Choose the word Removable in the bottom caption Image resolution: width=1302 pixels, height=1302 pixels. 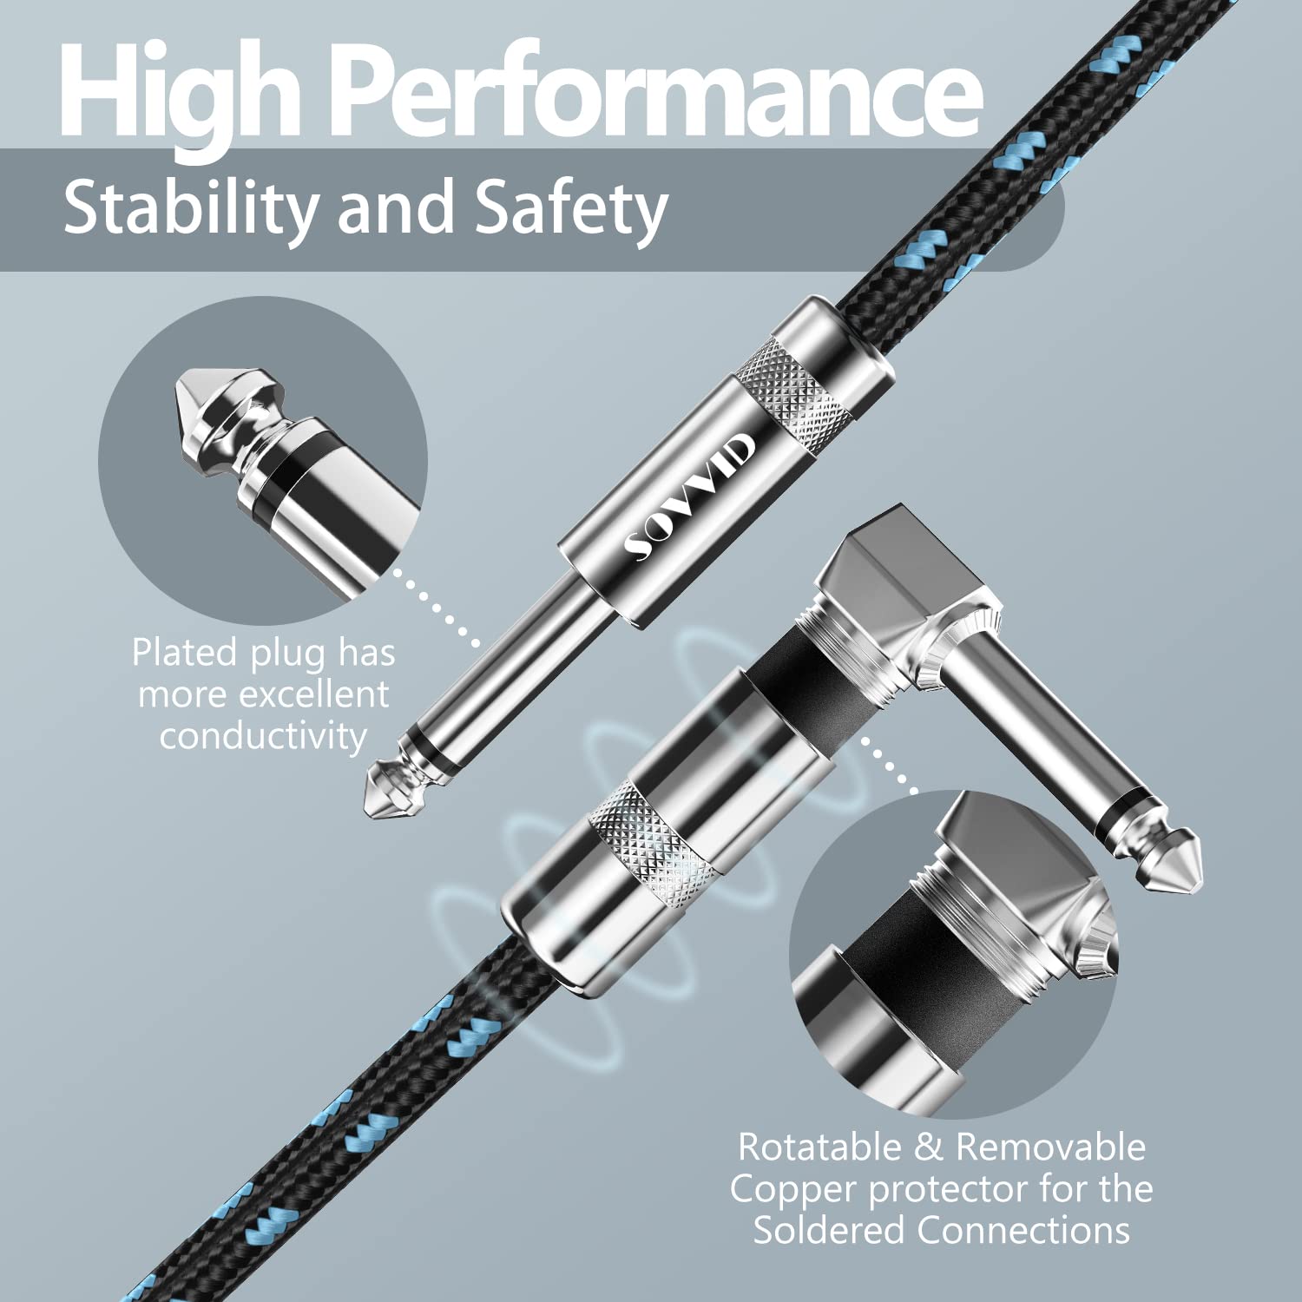[x=1051, y=1147]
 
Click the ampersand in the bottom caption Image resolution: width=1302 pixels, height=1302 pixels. [x=930, y=1147]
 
